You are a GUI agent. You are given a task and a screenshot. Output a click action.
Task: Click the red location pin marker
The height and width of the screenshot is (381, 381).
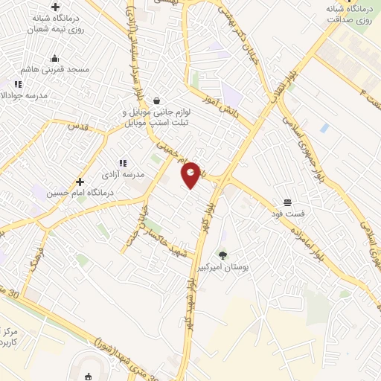point(191,175)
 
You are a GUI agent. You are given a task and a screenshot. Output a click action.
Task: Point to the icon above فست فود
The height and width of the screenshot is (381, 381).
point(286,202)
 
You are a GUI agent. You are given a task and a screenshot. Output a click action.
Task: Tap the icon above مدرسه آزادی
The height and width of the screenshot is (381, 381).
point(123,163)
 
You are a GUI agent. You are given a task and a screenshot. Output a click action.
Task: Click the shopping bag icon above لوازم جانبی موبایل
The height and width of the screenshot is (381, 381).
point(156,100)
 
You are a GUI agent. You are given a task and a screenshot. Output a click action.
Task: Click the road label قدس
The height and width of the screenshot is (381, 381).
point(77,127)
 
